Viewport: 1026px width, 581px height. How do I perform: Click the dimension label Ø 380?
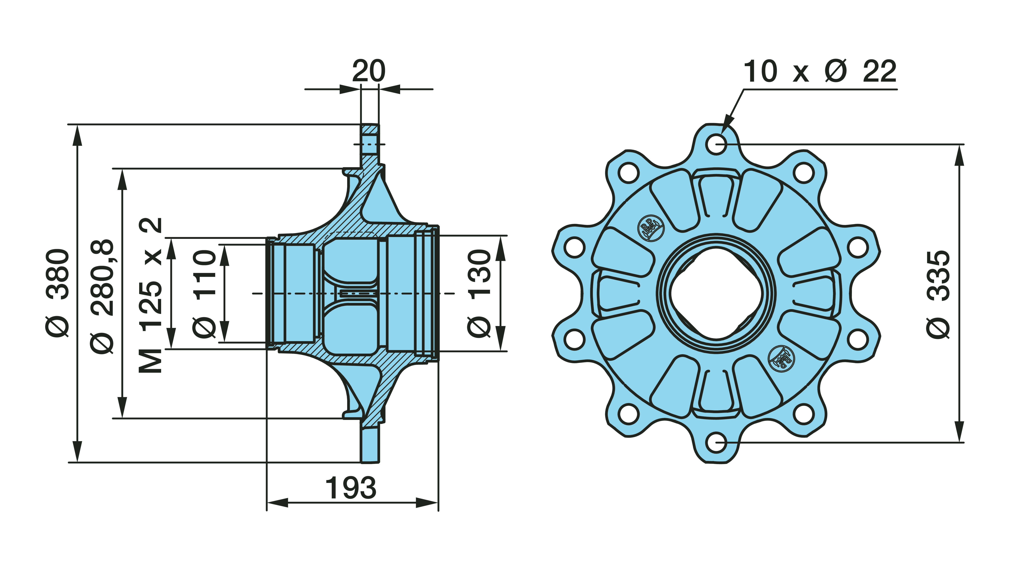tap(58, 293)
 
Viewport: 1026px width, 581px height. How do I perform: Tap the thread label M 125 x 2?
tap(151, 295)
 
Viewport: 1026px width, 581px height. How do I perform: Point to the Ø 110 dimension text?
tap(204, 294)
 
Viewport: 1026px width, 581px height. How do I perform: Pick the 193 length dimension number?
tap(351, 488)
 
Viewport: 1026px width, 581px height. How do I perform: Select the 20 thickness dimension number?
tap(369, 71)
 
